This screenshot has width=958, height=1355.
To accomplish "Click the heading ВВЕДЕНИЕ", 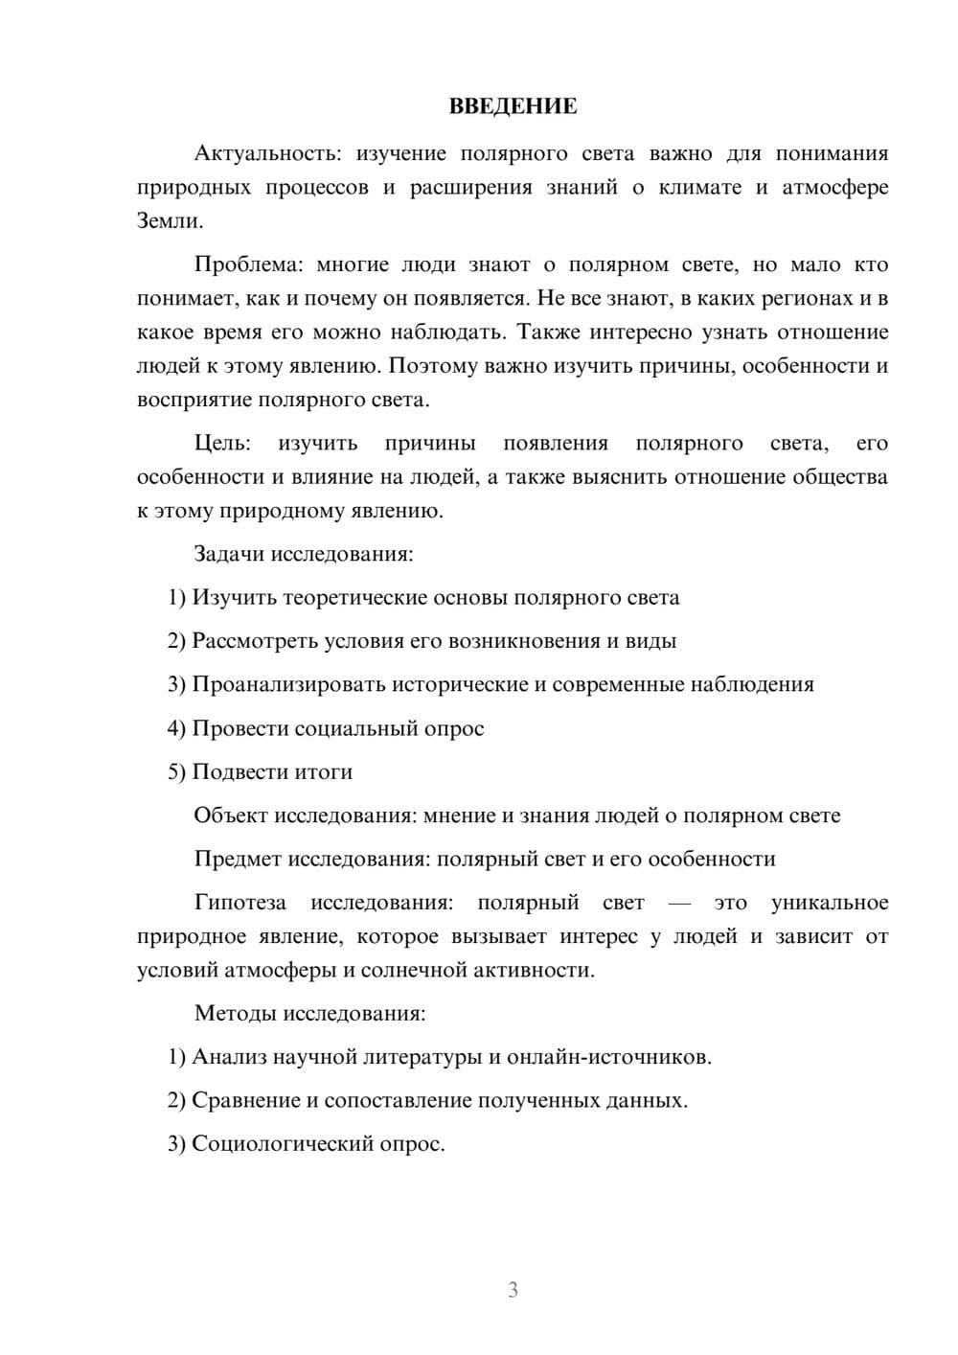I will tap(513, 105).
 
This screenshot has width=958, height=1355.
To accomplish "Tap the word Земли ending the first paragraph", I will tap(169, 221).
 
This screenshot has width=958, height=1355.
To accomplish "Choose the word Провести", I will tap(239, 728).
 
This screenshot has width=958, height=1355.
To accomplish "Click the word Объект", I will tap(231, 815).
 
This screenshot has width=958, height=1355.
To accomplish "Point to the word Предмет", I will tap(238, 859).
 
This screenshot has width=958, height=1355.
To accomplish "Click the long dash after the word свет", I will tap(679, 903).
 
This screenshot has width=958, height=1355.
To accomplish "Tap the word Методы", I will tap(232, 1013).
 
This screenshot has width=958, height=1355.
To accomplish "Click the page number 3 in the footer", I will tap(513, 1290).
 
